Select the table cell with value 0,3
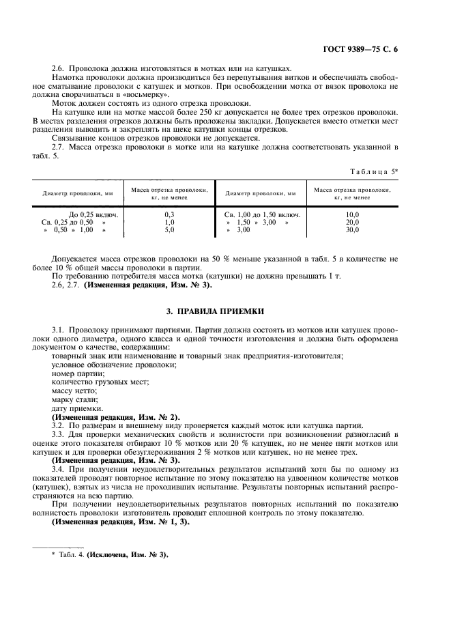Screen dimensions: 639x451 (x=169, y=214)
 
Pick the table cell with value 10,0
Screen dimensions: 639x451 (x=353, y=214)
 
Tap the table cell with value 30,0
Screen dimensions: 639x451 (x=353, y=230)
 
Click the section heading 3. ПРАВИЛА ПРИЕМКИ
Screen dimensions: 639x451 (x=225, y=311)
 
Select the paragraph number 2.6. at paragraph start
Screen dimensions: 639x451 (x=61, y=68)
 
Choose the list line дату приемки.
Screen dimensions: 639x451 (x=77, y=408)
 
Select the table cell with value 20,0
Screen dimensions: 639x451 (x=353, y=223)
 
